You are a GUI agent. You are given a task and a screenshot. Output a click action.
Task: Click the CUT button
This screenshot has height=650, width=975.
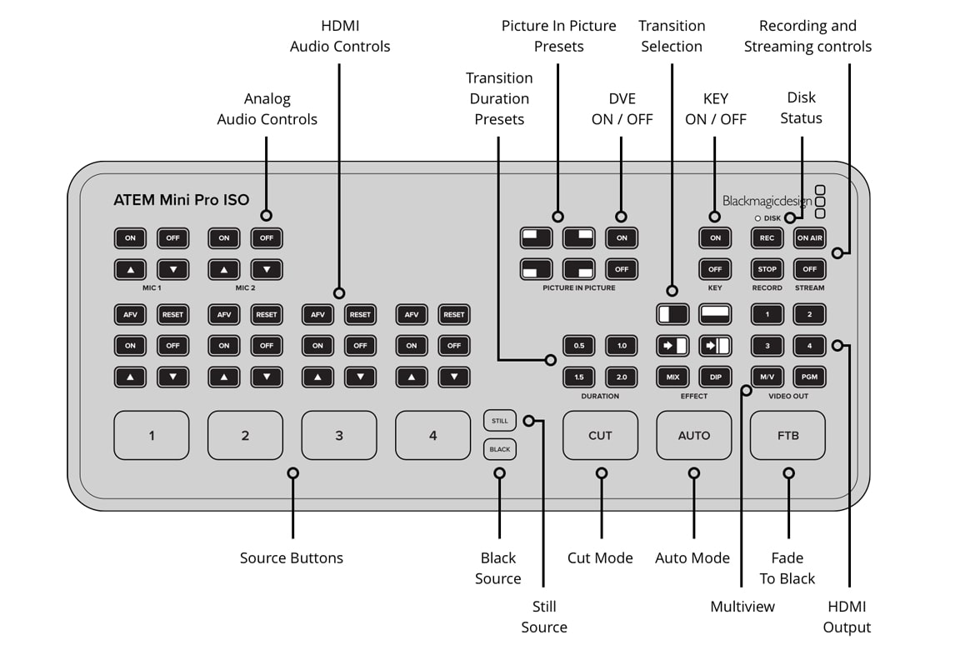click(x=600, y=435)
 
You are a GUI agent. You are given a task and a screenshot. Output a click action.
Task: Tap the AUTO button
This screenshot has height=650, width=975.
click(x=693, y=435)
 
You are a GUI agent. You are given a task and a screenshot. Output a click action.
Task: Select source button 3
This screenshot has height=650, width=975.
click(x=338, y=435)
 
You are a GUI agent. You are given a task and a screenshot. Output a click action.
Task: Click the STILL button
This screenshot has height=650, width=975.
click(x=500, y=421)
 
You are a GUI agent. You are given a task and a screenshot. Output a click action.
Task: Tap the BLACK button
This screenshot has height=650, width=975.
click(x=500, y=449)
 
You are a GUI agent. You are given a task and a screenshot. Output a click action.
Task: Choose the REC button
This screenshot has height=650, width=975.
click(x=767, y=238)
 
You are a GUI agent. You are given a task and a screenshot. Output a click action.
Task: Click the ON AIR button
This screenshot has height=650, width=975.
click(x=809, y=238)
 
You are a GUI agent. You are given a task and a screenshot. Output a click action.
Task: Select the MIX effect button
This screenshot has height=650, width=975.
click(x=672, y=377)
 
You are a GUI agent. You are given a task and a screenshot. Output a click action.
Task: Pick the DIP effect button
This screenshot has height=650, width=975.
click(x=715, y=377)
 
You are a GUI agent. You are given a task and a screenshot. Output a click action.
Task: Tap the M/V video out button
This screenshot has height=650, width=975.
click(x=767, y=377)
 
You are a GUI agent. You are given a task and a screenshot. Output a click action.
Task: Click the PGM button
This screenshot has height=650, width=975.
click(x=809, y=377)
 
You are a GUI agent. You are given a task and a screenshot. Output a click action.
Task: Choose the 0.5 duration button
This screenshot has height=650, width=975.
click(x=579, y=346)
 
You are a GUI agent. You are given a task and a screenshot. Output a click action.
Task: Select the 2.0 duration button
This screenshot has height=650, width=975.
click(x=622, y=377)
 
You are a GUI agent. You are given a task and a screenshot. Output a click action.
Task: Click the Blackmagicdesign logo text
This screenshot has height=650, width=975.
click(x=767, y=201)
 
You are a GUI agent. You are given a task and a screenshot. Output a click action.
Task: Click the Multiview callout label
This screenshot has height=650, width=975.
click(x=742, y=607)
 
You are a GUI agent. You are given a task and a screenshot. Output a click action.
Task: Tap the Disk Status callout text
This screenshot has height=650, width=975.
click(x=801, y=107)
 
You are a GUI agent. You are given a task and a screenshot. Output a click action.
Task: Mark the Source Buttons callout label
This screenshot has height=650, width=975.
click(x=292, y=558)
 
